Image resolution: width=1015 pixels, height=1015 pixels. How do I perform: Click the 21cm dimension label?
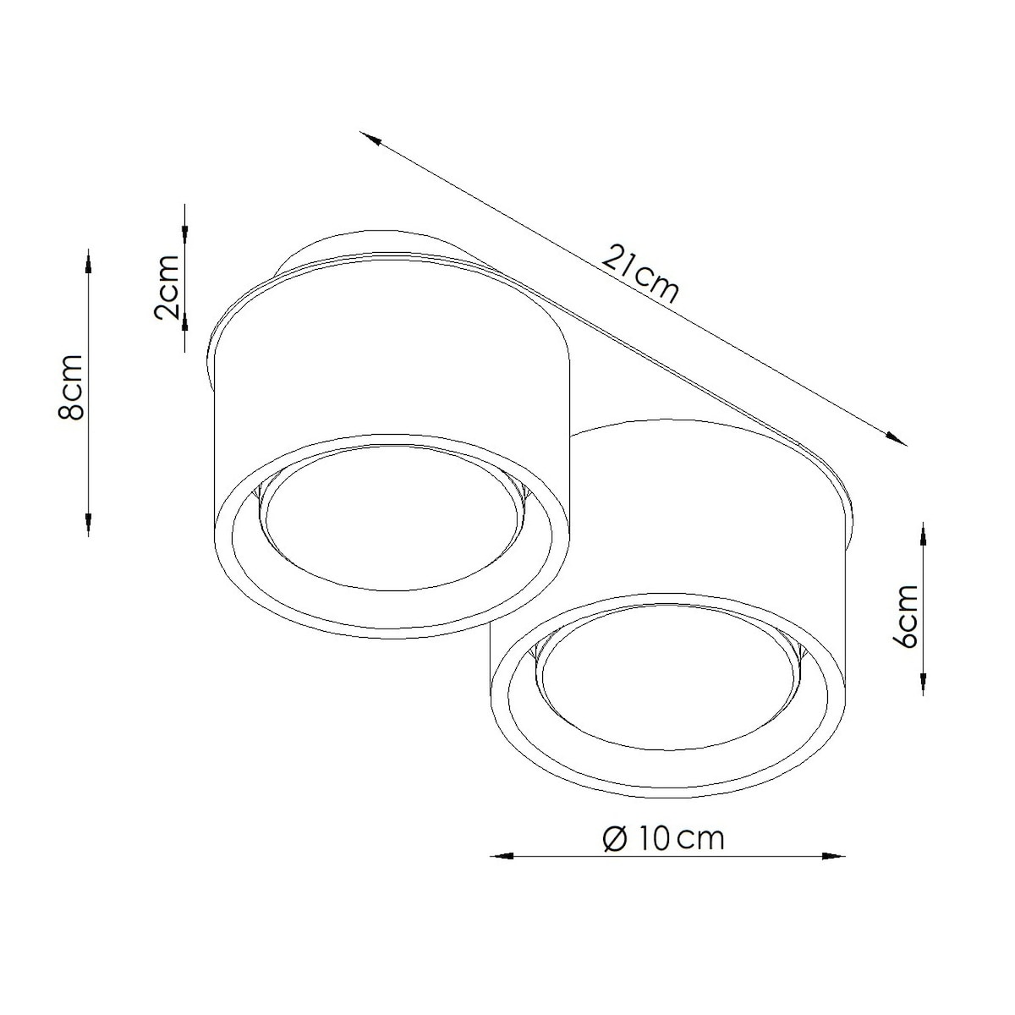pyautogui.click(x=639, y=274)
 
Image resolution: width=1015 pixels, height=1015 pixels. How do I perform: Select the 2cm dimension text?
pyautogui.click(x=167, y=288)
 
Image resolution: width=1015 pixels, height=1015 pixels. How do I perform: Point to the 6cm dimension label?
pyautogui.click(x=905, y=615)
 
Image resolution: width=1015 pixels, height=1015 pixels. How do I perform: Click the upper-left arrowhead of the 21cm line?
pyautogui.click(x=370, y=138)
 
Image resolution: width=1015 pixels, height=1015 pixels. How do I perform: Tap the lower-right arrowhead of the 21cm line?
pyautogui.click(x=896, y=438)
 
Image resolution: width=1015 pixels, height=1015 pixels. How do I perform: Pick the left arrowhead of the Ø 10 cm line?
pyautogui.click(x=502, y=857)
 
